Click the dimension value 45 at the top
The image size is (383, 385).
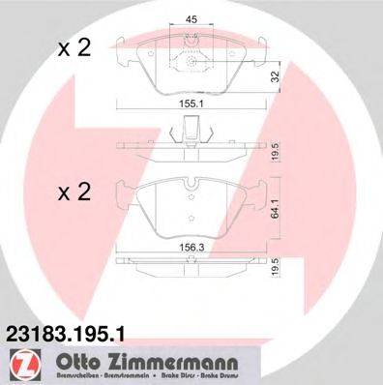tap(192, 17)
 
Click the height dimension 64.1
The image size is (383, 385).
tap(278, 206)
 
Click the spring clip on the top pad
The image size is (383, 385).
tap(192, 60)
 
